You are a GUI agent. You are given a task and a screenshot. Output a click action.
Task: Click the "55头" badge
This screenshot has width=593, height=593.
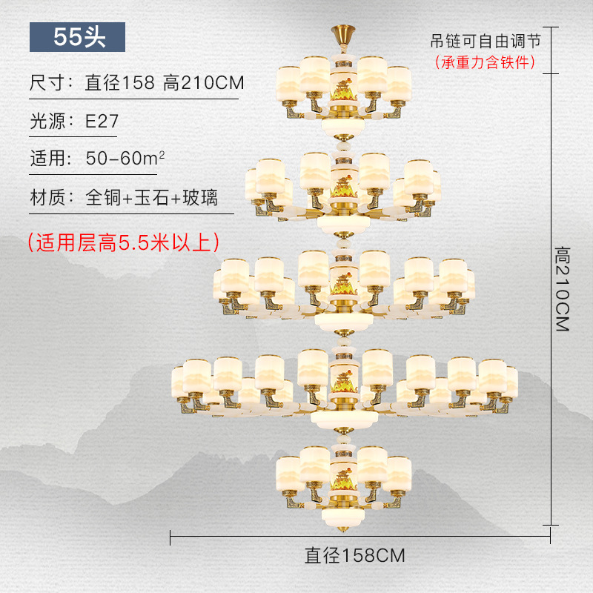click(x=77, y=36)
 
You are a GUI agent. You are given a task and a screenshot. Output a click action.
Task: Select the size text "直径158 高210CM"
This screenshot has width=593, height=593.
click(x=165, y=82)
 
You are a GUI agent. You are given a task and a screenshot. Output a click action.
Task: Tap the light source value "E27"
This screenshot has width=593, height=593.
click(x=102, y=121)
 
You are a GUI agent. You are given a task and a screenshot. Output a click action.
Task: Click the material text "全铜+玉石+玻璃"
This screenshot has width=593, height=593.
click(x=152, y=198)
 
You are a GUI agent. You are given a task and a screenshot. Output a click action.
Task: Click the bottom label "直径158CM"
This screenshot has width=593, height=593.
click(x=355, y=555)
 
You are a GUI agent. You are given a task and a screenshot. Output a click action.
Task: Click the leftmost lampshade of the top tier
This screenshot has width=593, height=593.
click(x=288, y=82)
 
